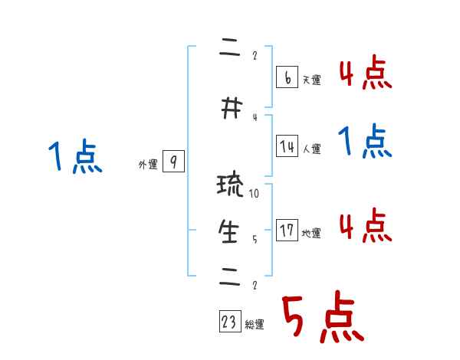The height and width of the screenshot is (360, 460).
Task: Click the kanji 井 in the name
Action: [228, 110]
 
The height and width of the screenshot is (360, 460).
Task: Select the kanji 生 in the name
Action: [229, 232]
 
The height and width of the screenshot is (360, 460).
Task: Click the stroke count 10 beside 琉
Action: [255, 194]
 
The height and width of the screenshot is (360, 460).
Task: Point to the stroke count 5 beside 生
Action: [255, 239]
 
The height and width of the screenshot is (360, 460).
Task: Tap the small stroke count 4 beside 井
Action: [255, 117]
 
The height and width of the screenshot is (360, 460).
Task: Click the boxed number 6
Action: [287, 77]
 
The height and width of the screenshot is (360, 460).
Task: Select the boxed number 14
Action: [287, 146]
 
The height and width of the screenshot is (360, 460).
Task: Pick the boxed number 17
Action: [287, 230]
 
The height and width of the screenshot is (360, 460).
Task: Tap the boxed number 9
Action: [174, 162]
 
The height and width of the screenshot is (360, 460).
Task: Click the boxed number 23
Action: [229, 322]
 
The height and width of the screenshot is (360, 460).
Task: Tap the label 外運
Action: [147, 165]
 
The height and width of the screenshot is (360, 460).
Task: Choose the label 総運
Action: [255, 325]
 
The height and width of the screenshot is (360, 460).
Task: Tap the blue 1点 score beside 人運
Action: [365, 142]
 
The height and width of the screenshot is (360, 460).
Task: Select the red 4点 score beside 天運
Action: [365, 73]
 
